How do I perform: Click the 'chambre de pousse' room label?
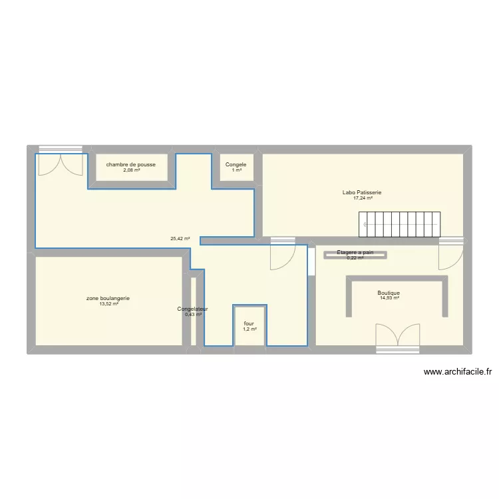click(131, 164)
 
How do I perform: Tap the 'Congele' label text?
click(236, 164)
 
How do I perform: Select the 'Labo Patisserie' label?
click(362, 192)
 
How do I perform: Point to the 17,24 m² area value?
click(363, 198)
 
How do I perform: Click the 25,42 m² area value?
click(180, 239)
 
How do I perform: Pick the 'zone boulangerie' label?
click(108, 298)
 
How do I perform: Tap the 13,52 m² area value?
click(108, 304)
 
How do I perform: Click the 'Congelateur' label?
click(193, 309)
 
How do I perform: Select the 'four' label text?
click(249, 323)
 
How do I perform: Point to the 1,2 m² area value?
click(249, 329)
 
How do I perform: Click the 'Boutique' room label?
click(389, 293)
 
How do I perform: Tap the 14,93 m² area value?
click(389, 299)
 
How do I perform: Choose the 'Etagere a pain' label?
click(355, 252)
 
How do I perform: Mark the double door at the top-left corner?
click(61, 162)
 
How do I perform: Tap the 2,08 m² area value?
click(131, 170)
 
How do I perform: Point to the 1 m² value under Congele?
click(236, 170)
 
